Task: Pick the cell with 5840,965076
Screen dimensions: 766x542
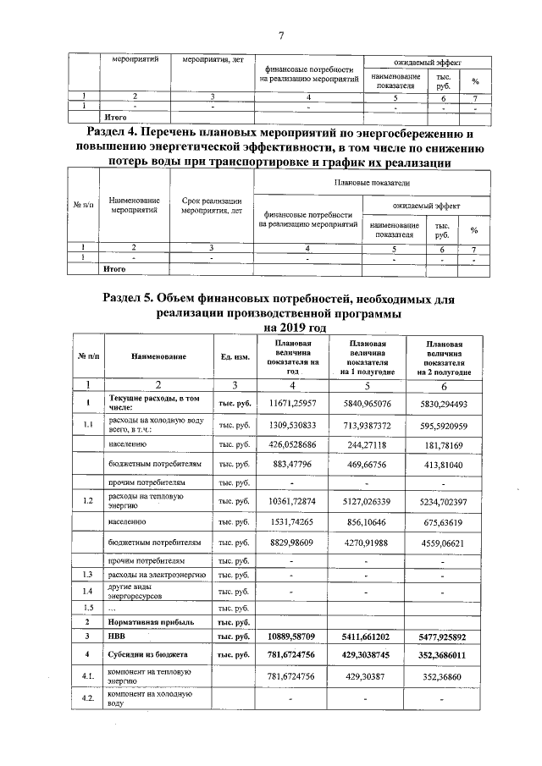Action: pyautogui.click(x=373, y=403)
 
